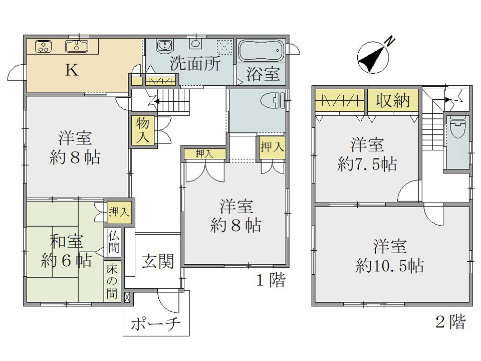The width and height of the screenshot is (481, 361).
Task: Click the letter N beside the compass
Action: (390, 41)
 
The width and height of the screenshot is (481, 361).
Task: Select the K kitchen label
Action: (72, 70)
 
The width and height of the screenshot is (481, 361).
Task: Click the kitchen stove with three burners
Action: (43, 46)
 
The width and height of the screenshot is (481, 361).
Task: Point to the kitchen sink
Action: (76, 46)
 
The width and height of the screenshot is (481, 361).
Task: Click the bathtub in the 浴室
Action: (261, 50)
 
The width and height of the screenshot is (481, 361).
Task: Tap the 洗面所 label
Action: (195, 64)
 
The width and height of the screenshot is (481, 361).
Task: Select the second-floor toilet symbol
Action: (458, 129)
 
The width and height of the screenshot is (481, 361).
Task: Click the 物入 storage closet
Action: (143, 131)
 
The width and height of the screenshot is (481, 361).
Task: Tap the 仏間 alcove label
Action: (114, 242)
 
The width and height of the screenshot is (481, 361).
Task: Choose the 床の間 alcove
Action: (112, 281)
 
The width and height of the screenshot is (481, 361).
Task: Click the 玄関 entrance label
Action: (158, 261)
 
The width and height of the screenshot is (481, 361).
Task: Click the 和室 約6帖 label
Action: (66, 251)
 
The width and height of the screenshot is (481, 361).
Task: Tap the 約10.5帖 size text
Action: (390, 265)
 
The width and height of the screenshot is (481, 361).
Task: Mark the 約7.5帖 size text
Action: (367, 164)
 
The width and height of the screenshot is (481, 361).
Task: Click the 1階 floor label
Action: (271, 280)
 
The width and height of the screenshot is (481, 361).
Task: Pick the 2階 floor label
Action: (450, 321)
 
